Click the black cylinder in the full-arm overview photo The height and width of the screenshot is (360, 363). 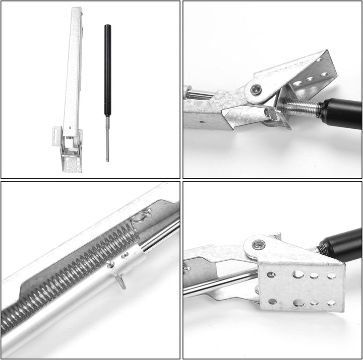click(x=107, y=70)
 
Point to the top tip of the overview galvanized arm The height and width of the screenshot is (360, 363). click(x=77, y=10)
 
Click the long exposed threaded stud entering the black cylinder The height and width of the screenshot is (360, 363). click(x=302, y=107)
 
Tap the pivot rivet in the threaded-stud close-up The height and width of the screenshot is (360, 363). click(x=256, y=90)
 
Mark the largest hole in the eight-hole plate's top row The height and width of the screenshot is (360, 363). click(x=299, y=274)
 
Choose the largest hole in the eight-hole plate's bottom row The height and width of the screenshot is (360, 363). click(x=298, y=303)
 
